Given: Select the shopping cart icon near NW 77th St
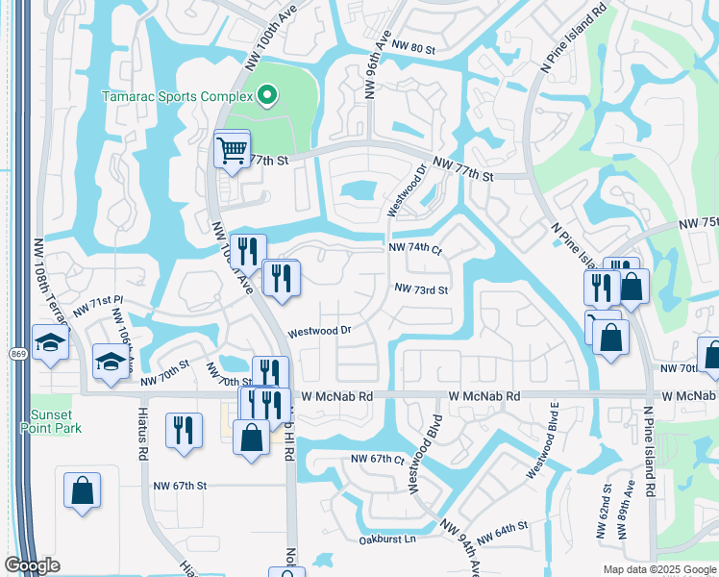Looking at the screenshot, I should [x=232, y=150].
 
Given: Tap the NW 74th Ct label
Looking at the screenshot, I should [x=414, y=247].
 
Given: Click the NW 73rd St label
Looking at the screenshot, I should [x=422, y=289].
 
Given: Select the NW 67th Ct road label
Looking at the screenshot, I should [x=378, y=459].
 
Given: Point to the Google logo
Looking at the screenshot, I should [x=32, y=564].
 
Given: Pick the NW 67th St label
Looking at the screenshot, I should [x=180, y=486].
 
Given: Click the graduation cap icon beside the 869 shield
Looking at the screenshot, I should [x=49, y=341].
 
